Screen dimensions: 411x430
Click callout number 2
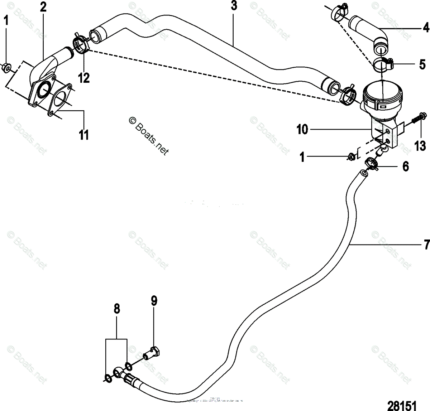43,7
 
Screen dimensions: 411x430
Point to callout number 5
422,64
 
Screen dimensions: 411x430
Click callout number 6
406,166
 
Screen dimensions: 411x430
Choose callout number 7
426,245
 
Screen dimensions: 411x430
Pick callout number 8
117,309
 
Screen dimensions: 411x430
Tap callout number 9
153,301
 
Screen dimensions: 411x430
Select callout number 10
302,130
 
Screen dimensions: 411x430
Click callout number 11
84,135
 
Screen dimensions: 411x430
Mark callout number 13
420,146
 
